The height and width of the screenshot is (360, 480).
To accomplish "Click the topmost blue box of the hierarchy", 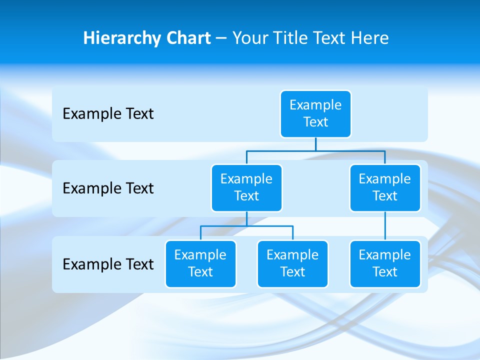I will pos(315,114).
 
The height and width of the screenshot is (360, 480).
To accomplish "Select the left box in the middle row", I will pos(246,187).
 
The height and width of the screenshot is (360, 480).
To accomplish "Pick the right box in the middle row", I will pos(385,187).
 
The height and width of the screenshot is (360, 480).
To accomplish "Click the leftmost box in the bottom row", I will pos(200,263).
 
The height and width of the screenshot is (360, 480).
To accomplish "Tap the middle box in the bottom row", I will pos(292,263).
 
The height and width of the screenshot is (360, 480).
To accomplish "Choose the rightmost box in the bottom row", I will pos(385,263).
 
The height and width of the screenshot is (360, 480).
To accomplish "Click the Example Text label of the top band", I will pos(108,114).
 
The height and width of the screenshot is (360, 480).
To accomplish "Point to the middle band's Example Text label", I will pos(108,188).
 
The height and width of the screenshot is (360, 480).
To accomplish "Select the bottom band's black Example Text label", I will pos(108,264).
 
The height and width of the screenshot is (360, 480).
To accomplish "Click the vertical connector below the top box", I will pos(315,144).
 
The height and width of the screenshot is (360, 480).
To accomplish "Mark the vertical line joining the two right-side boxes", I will pos(385,226).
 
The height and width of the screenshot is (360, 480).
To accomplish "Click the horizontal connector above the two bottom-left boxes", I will pos(270,226).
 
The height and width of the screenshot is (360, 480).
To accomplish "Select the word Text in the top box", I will pos(315,122).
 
